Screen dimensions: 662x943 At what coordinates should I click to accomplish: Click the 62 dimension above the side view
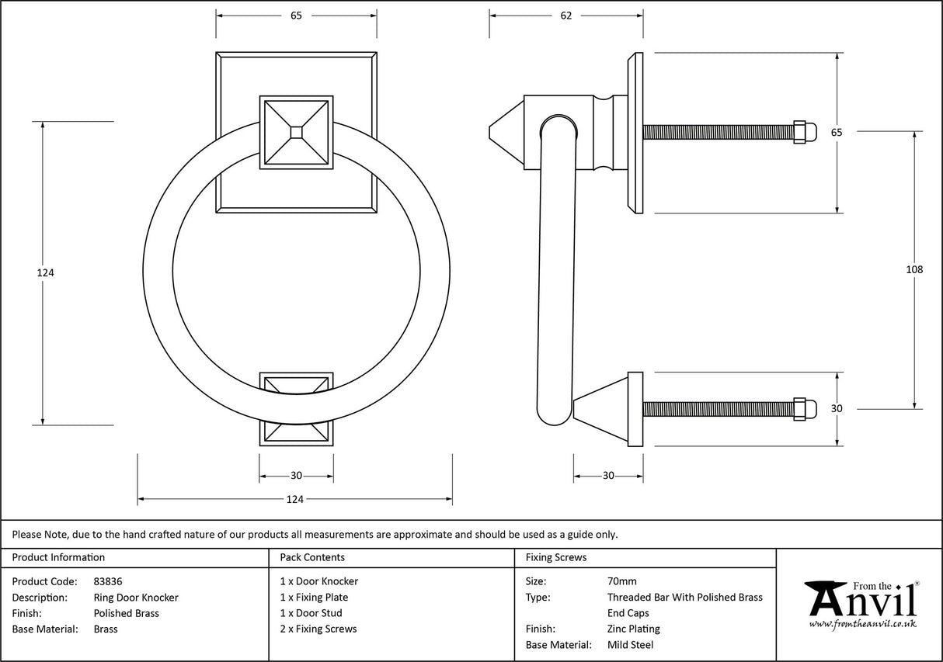[565, 16]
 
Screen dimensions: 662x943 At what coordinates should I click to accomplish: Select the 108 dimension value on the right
[914, 269]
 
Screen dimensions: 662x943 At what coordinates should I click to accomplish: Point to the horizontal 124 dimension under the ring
[294, 499]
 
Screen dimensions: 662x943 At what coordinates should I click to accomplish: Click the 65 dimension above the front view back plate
[296, 16]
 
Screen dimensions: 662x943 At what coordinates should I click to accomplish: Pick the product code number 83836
[107, 581]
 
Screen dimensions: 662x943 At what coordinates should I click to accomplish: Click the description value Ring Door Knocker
[135, 598]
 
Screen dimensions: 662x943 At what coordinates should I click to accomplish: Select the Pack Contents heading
[312, 557]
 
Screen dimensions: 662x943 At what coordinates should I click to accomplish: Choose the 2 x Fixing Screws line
[318, 629]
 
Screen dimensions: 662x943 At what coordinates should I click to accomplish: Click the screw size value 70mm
[621, 581]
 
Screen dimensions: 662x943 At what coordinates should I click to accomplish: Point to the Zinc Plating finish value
[633, 629]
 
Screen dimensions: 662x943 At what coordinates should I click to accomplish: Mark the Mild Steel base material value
[630, 645]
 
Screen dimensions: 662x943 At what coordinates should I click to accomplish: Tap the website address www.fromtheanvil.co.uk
[862, 623]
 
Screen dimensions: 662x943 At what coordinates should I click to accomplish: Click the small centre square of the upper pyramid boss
[296, 132]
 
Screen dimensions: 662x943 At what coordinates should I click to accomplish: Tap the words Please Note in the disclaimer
[40, 534]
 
